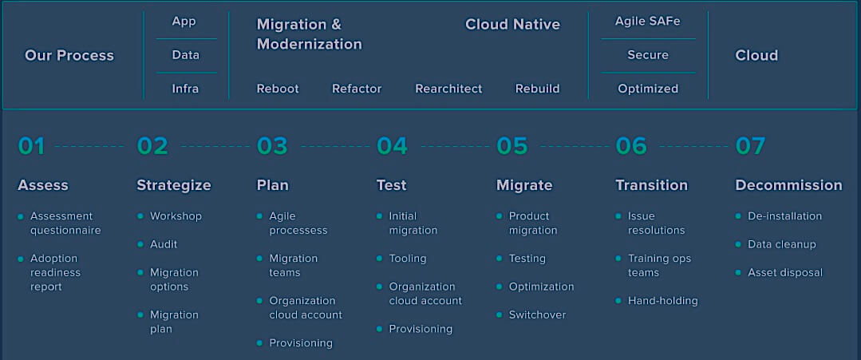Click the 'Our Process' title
[x=69, y=56]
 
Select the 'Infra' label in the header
[x=185, y=89]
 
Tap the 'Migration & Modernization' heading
[x=309, y=34]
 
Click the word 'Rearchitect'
[x=448, y=89]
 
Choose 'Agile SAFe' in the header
[x=647, y=22]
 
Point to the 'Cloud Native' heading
[x=512, y=25]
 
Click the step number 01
[x=31, y=146]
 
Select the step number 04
[x=392, y=146]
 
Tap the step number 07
[x=750, y=146]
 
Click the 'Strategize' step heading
[x=173, y=185]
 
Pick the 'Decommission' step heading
[x=788, y=185]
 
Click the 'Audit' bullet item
[x=164, y=244]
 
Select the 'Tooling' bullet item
[x=408, y=259]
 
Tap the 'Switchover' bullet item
[x=537, y=315]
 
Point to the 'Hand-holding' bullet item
[x=663, y=301]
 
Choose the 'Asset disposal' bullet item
[x=785, y=273]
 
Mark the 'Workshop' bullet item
[x=176, y=216]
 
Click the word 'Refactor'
[x=357, y=89]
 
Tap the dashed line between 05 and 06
[x=575, y=147]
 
